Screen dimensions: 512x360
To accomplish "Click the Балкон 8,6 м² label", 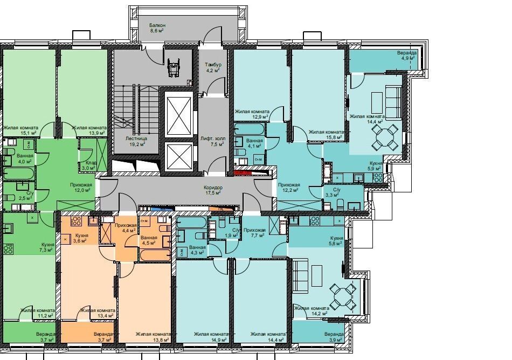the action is (x=157, y=27).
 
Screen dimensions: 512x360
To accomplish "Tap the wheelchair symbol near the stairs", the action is (x=173, y=67).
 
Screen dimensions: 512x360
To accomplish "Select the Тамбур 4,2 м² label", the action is (x=213, y=67).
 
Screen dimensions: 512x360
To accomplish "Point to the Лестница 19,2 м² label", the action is (x=136, y=141).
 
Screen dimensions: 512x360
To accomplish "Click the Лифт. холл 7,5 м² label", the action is (x=213, y=141).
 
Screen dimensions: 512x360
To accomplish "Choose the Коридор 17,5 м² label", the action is (x=213, y=190).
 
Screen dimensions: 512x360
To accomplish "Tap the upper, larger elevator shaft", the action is (x=178, y=114).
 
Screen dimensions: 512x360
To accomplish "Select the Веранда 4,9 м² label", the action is (x=406, y=55).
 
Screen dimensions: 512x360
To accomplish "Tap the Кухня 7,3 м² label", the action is (x=47, y=247).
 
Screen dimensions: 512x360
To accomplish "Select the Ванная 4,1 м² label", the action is (x=254, y=143).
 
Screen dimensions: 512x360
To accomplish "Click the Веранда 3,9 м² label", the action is (x=334, y=337).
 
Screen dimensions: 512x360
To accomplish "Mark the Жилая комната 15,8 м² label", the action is (x=326, y=135).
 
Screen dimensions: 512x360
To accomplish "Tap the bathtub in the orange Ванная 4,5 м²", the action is (x=155, y=255).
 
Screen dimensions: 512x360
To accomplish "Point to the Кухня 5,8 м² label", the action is (x=336, y=240).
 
